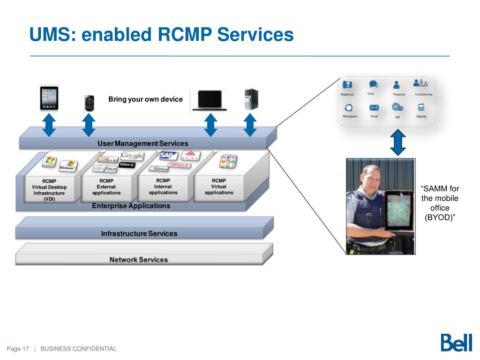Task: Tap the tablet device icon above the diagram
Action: coord(49,98)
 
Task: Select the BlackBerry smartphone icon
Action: coord(89,104)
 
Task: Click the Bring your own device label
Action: coord(145,99)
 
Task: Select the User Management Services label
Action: coord(142,143)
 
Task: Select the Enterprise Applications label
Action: coord(131,206)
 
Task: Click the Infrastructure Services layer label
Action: coord(139,233)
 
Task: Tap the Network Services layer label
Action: coord(138,259)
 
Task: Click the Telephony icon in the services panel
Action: coord(347,85)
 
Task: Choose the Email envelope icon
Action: coord(374,107)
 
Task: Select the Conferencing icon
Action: coord(421,83)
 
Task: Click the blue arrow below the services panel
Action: coord(398,143)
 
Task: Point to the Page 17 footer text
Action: coord(18,349)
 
